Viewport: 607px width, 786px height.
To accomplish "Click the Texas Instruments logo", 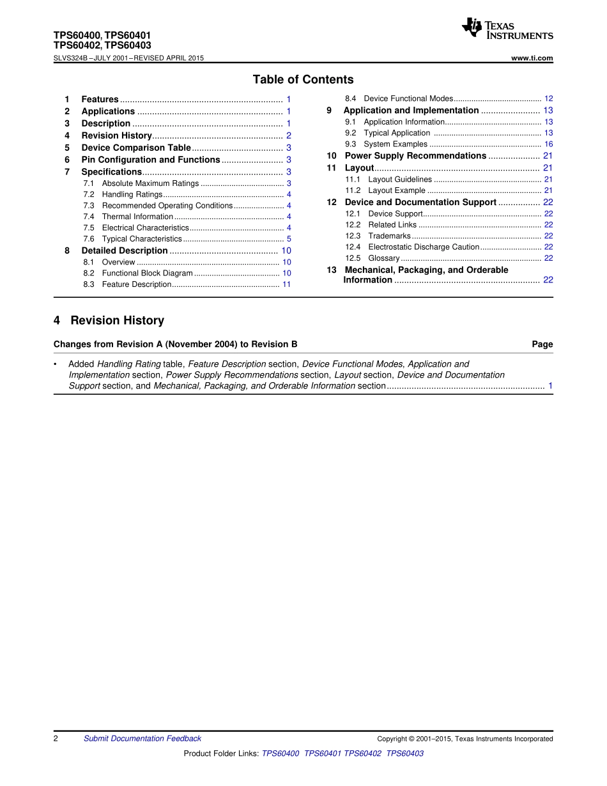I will tap(507, 29).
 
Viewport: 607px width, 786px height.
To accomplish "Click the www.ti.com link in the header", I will tap(532, 58).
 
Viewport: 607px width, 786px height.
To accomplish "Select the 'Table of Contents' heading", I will tap(303, 79).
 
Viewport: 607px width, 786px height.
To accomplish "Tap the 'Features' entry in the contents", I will tap(100, 99).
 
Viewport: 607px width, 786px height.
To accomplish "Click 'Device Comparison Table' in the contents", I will tap(136, 148).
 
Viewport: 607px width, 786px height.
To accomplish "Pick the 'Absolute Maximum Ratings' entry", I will tap(150, 183).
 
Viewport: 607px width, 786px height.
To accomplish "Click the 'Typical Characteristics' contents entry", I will tap(142, 239).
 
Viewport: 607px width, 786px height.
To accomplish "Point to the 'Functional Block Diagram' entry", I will tap(147, 273).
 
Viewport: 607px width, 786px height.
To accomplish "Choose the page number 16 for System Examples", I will tap(548, 144).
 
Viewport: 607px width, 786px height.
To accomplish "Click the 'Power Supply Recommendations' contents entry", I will tap(415, 156).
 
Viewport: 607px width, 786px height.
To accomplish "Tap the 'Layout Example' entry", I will tap(397, 190).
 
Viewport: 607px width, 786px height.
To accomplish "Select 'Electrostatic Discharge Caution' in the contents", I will tap(424, 247).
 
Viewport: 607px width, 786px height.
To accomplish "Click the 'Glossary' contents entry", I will tap(384, 258).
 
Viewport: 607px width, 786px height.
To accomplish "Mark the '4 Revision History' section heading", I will tap(109, 320).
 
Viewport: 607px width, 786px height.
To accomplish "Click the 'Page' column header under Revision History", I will tap(542, 344).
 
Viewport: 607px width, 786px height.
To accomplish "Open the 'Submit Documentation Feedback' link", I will tap(142, 739).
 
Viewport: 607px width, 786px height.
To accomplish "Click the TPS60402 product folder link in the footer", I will tap(363, 753).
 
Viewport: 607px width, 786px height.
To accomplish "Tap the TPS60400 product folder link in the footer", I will tap(280, 753).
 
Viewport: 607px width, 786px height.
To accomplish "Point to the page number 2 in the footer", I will tap(56, 739).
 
